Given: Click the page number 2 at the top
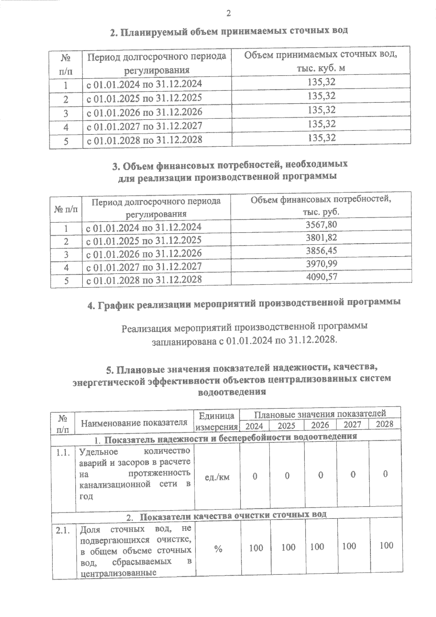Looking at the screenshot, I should point(228,13).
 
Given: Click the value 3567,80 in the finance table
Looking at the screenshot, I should point(321,225).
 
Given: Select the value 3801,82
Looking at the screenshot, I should point(321,238).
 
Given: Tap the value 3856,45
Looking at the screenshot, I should point(321,251).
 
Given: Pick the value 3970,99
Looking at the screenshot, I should point(321,264).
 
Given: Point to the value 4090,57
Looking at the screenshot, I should point(321,277).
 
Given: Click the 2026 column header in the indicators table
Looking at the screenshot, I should point(320,425).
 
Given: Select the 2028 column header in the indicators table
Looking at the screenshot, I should point(384,424).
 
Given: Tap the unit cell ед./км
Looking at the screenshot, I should point(217,477).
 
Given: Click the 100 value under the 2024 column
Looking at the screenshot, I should point(256,548).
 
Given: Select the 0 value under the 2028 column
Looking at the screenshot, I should point(385,474).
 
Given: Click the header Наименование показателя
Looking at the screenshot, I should point(134,423).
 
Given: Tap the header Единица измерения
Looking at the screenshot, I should point(217,421).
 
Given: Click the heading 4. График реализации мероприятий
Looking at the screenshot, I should point(244,303).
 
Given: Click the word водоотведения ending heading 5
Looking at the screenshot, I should point(232,392).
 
